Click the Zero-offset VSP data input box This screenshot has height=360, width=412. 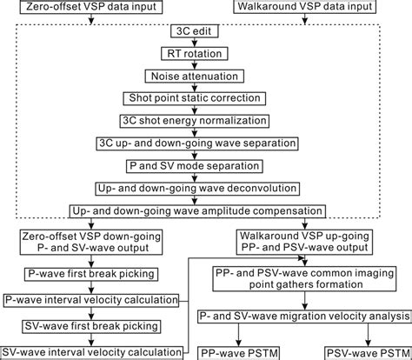pyautogui.click(x=77, y=10)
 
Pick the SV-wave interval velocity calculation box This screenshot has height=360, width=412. pyautogui.click(x=93, y=351)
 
